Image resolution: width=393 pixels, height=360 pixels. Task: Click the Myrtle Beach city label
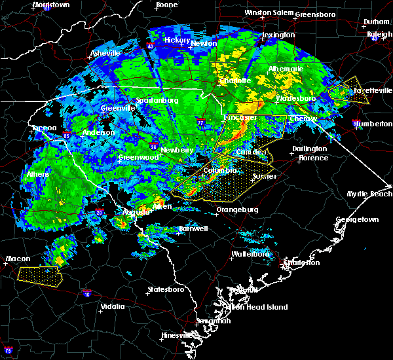(x=369, y=194)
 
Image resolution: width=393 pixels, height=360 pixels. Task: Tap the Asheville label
(x=105, y=53)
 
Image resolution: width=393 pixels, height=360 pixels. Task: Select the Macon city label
(x=18, y=259)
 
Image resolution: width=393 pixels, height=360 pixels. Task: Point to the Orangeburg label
(x=237, y=210)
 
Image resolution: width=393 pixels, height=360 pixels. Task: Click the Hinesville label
(x=178, y=336)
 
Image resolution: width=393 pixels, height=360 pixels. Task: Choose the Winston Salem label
(x=268, y=13)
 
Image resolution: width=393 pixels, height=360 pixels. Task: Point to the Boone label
(x=166, y=5)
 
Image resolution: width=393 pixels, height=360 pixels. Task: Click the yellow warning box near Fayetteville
(x=349, y=93)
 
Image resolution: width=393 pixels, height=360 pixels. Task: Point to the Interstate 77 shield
(x=201, y=122)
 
